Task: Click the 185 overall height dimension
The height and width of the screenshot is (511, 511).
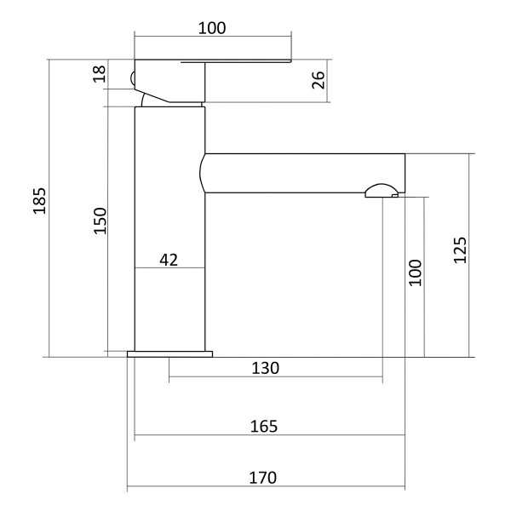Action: click(x=39, y=201)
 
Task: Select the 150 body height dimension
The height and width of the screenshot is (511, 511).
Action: click(x=100, y=221)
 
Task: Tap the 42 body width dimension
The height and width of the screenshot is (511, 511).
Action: click(x=169, y=260)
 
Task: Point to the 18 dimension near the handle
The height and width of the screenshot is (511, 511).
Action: click(x=100, y=74)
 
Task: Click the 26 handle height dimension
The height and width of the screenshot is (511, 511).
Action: click(x=319, y=80)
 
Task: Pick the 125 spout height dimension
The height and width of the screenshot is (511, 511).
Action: click(x=460, y=250)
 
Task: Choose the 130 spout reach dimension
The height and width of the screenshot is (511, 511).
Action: click(x=265, y=368)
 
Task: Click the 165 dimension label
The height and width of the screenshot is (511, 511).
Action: click(x=264, y=427)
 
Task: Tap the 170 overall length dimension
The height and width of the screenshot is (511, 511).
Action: click(x=263, y=478)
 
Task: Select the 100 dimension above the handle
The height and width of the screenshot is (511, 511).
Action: click(x=212, y=28)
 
